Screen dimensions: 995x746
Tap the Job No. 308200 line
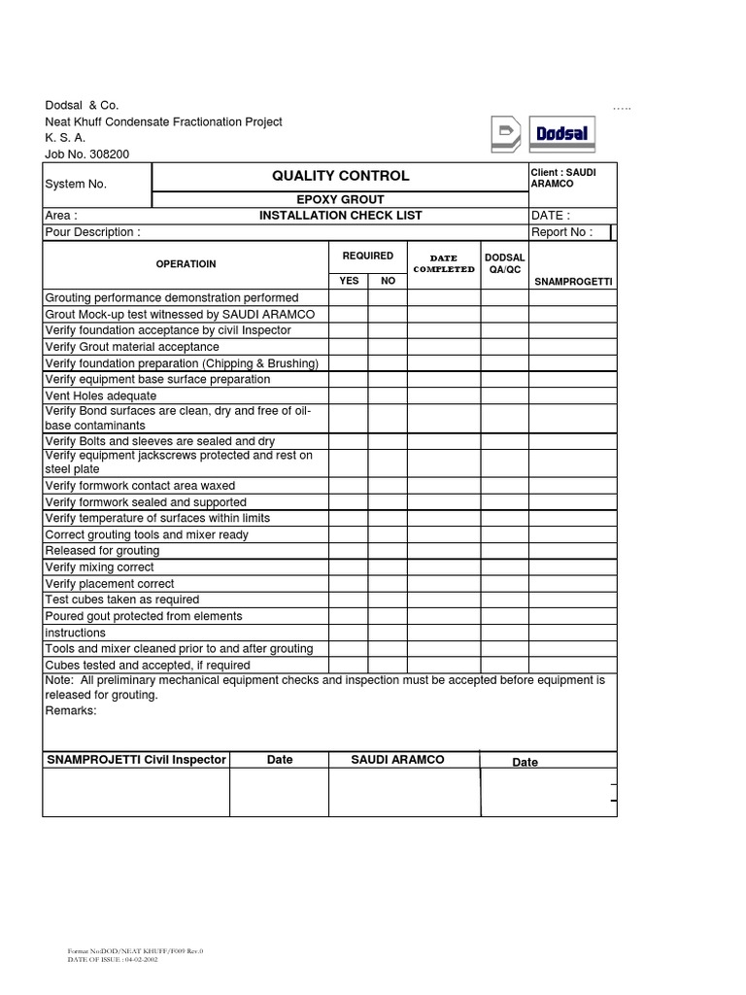point(86,154)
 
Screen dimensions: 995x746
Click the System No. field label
point(76,184)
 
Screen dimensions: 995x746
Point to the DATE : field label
point(550,216)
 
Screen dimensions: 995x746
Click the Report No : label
point(560,232)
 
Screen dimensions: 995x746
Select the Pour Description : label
point(93,232)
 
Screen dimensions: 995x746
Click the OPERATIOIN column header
point(186,264)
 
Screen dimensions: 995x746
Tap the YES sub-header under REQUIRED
point(349,281)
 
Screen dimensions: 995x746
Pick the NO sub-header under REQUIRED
point(388,281)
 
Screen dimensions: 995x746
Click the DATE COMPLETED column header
point(443,264)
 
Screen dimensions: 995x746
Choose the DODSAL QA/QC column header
point(504,264)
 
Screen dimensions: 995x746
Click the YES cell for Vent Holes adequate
point(349,395)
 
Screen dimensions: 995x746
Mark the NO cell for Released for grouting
point(388,551)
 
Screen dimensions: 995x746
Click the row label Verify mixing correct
point(100,567)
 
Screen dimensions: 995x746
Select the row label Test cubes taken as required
point(122,600)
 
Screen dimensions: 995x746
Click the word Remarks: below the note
point(71,710)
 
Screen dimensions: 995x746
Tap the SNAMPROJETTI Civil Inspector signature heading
point(136,760)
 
